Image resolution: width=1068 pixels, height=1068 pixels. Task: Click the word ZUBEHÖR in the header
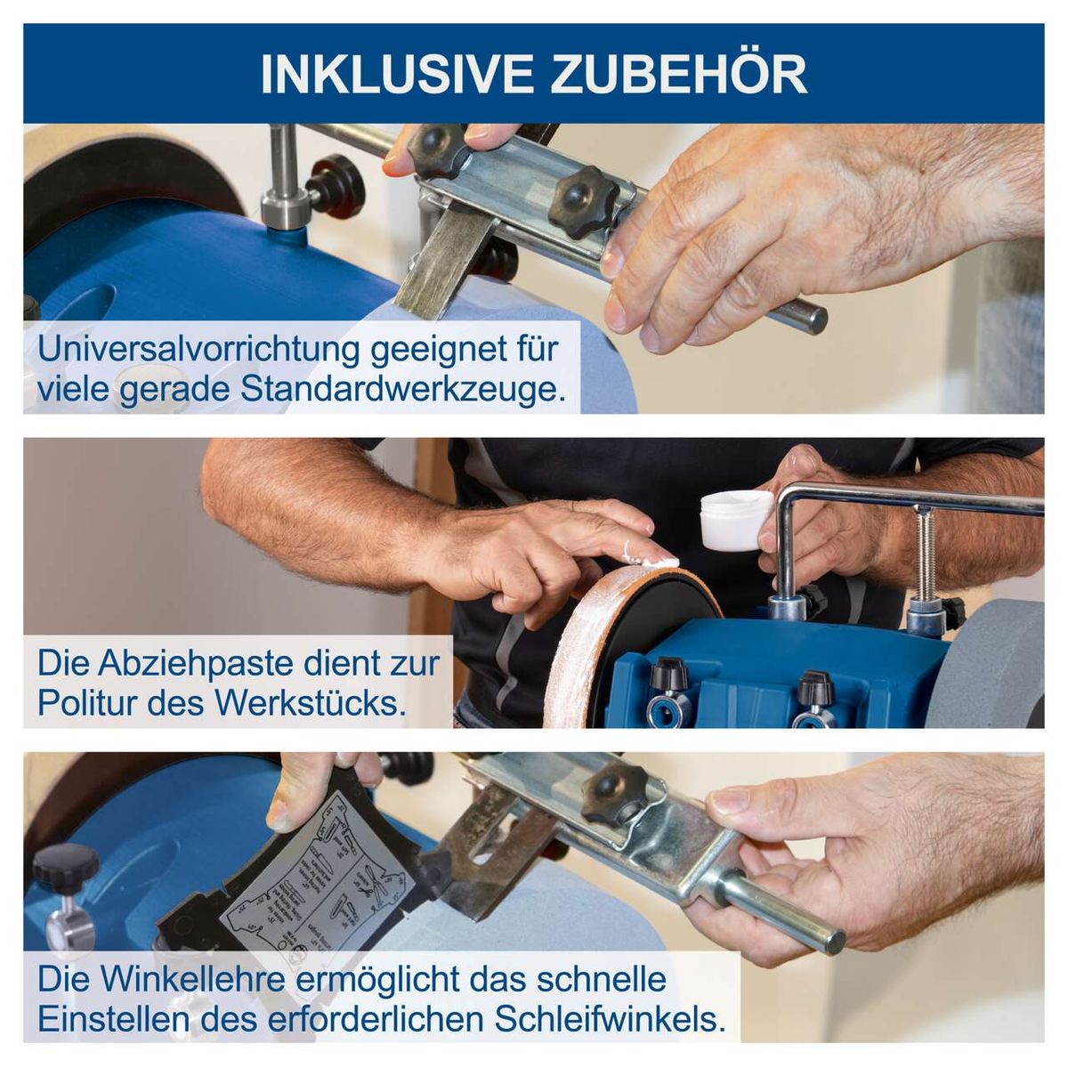(678, 75)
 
